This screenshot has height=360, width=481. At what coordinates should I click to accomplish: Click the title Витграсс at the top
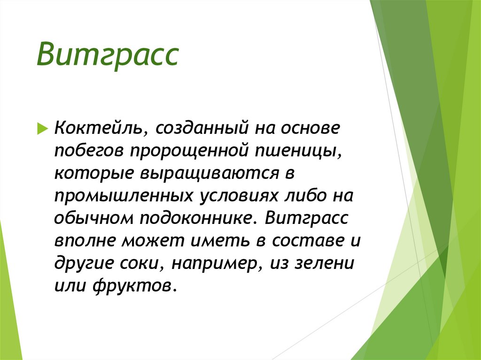pyautogui.click(x=108, y=56)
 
